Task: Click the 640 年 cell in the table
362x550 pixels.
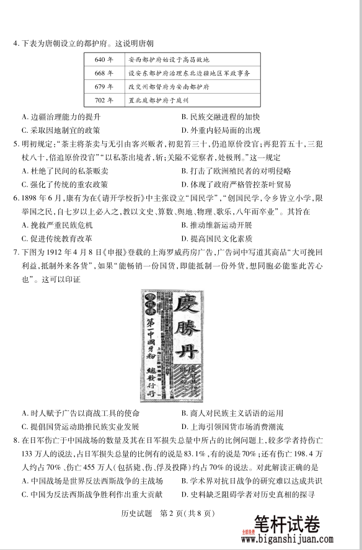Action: pos(104,60)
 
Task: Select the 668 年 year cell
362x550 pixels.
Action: pos(104,73)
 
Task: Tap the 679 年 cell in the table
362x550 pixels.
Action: pos(104,86)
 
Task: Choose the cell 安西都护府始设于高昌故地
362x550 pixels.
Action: pos(169,60)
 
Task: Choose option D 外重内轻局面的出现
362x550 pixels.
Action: pos(221,130)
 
